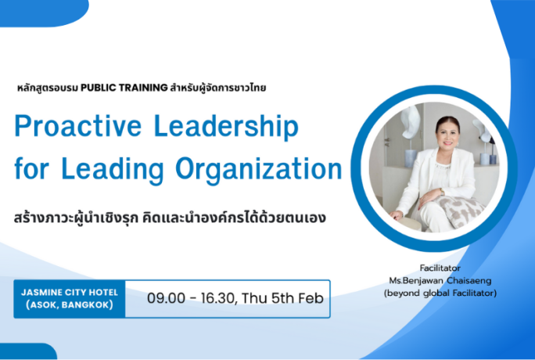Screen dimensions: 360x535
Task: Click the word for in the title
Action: coord(31,168)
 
